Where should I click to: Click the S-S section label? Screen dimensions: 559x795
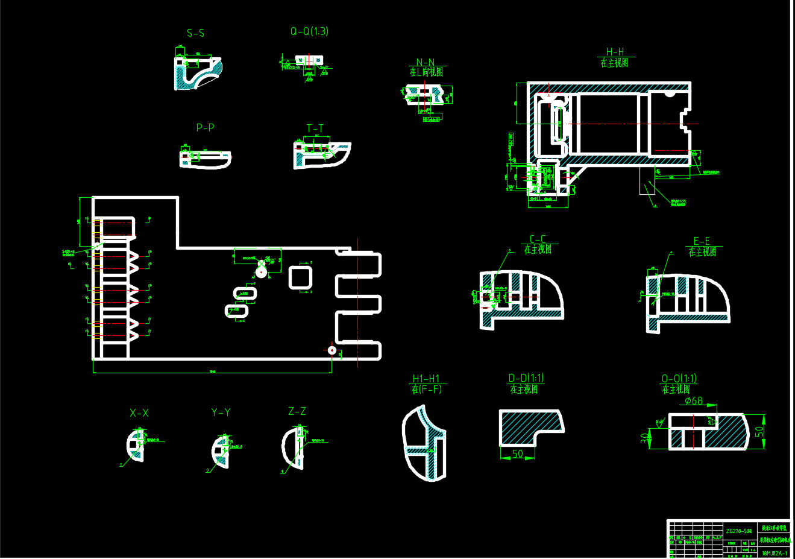click(x=195, y=33)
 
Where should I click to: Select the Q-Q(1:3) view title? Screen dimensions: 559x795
click(x=309, y=31)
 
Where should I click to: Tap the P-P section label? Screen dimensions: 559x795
click(x=205, y=127)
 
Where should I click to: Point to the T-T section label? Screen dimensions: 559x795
click(x=315, y=128)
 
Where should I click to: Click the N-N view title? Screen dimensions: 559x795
click(x=425, y=62)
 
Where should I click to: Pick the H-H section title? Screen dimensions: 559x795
click(x=615, y=52)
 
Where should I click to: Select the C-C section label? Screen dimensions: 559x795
click(x=538, y=239)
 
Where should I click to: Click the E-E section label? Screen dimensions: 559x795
click(x=702, y=241)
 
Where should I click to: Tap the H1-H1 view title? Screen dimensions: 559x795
click(x=426, y=379)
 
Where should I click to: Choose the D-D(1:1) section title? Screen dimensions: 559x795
click(x=526, y=378)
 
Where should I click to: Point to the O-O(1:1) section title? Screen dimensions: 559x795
click(x=679, y=379)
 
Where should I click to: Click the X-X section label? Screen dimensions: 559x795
click(x=139, y=413)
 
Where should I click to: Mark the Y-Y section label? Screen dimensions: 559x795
click(x=221, y=412)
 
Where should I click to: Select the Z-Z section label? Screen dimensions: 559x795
click(x=297, y=411)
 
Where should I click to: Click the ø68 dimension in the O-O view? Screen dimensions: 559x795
click(x=694, y=401)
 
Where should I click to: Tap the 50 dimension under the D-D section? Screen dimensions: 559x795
click(x=518, y=453)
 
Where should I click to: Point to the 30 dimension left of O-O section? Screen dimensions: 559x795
click(x=644, y=437)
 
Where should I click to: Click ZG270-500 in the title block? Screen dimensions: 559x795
click(x=739, y=531)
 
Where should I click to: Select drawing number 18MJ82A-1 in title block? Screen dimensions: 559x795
click(x=775, y=553)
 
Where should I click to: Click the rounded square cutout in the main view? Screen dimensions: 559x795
click(x=300, y=277)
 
